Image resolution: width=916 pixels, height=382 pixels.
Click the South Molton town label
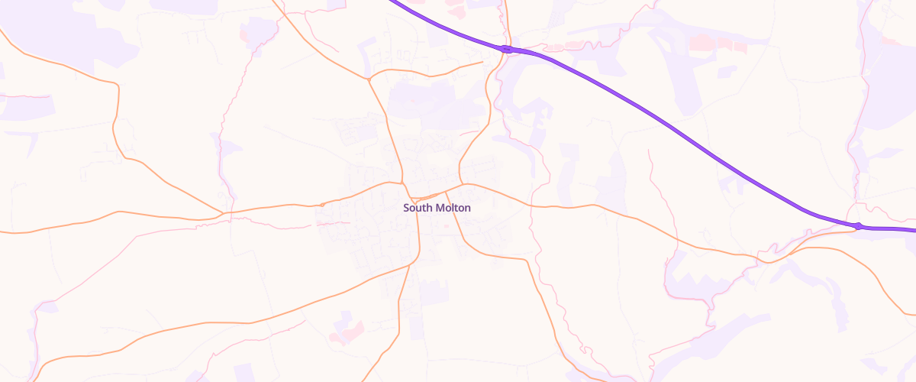[x=437, y=208]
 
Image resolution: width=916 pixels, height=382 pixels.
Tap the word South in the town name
[x=418, y=208]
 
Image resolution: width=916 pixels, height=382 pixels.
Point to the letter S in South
[x=406, y=208]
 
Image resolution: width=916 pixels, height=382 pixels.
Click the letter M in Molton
[x=438, y=208]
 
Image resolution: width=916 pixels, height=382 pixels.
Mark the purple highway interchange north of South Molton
[x=506, y=49]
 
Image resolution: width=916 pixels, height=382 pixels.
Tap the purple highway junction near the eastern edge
[x=859, y=225]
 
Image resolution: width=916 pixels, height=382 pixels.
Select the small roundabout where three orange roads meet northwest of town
[x=369, y=78]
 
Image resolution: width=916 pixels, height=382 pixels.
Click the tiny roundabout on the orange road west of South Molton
[x=323, y=205]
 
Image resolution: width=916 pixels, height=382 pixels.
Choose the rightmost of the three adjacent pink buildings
[x=740, y=47]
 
